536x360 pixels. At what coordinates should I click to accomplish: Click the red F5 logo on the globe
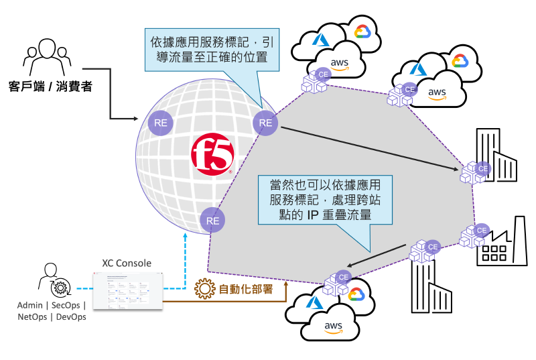click(x=212, y=155)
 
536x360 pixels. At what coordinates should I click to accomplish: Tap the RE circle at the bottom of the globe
click(x=212, y=220)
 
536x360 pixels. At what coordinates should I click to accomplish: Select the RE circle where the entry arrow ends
click(x=161, y=123)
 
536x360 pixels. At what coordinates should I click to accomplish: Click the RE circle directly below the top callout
click(x=265, y=123)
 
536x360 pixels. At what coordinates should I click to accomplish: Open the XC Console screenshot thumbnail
click(x=127, y=290)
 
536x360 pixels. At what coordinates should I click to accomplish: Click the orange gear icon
click(x=205, y=290)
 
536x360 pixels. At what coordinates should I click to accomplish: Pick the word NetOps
click(x=33, y=317)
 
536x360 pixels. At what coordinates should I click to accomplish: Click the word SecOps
click(x=66, y=305)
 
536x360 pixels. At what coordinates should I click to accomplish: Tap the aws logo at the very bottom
click(x=333, y=328)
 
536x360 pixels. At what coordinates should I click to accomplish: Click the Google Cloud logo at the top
click(x=362, y=32)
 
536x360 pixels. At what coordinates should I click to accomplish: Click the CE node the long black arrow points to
click(x=474, y=172)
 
